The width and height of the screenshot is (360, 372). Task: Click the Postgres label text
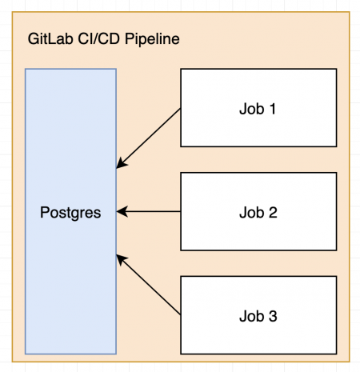[x=70, y=212]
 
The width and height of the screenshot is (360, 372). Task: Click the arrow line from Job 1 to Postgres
[x=150, y=137]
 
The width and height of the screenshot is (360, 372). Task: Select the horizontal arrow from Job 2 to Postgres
[x=152, y=212]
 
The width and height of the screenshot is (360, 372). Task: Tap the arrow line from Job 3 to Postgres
[x=150, y=286]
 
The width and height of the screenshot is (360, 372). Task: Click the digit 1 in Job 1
[x=273, y=108]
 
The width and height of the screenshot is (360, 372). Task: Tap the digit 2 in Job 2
[x=273, y=212]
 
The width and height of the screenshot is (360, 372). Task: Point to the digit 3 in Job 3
[x=273, y=316]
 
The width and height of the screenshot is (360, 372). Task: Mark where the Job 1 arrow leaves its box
[x=182, y=109]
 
